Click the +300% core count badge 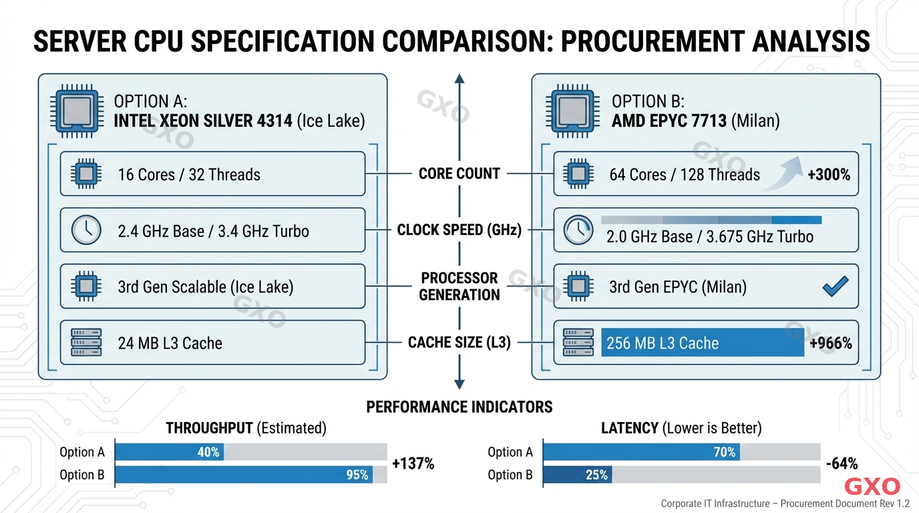828,175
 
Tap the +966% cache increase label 830,343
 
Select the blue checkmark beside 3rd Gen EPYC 835,287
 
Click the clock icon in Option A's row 85,230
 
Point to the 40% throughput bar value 208,452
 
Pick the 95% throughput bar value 357,475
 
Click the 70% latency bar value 724,452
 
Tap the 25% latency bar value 596,475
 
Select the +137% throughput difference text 413,464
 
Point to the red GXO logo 872,486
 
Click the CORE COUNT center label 459,174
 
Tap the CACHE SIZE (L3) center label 459,343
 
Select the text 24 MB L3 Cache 170,343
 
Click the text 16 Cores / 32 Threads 189,175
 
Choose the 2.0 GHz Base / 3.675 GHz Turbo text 710,236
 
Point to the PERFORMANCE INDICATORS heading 459,407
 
